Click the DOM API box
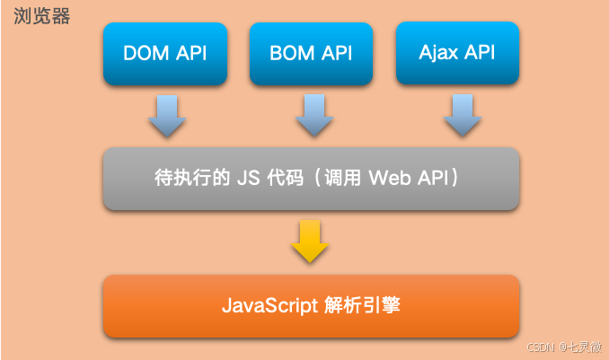[x=163, y=53]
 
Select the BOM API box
[x=310, y=53]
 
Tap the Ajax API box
[x=456, y=53]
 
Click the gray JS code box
[x=311, y=178]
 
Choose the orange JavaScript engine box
[x=311, y=306]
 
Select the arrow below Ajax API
[x=460, y=115]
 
